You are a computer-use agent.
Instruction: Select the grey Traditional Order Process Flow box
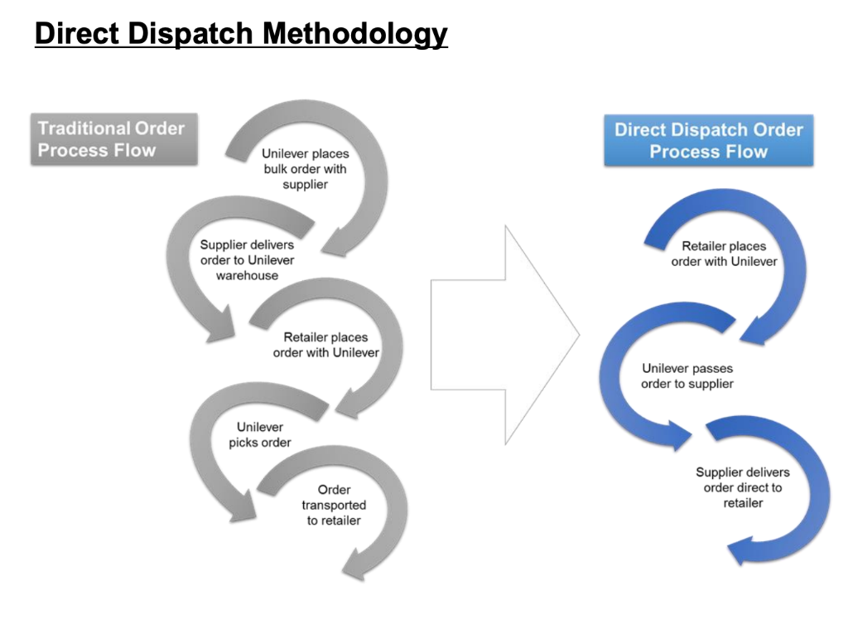tap(113, 139)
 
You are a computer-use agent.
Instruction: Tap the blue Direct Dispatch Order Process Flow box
tap(708, 141)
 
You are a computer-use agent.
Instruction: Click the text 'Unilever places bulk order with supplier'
tap(305, 169)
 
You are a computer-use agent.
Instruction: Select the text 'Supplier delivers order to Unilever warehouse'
tap(247, 260)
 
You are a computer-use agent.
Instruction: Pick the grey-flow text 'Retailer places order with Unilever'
tap(325, 345)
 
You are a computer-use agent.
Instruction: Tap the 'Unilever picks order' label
tap(260, 435)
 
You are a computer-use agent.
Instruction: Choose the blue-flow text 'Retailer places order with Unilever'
tap(724, 254)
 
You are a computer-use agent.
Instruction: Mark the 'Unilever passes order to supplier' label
tap(687, 376)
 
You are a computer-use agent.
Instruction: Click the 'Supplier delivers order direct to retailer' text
tap(742, 487)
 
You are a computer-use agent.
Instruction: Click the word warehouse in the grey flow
tap(247, 276)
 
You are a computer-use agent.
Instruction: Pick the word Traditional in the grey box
tap(84, 128)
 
